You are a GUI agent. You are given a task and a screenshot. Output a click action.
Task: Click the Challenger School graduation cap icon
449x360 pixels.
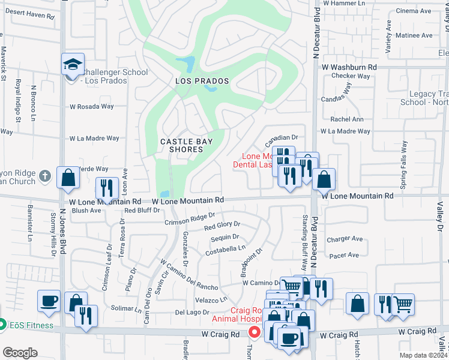point(73,64)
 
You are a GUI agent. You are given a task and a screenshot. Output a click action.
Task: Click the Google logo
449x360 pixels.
point(19,353)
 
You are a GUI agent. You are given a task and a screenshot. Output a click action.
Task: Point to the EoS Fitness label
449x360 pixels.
point(31,326)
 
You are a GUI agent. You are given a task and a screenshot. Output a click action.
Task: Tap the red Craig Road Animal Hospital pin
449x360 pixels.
point(255,331)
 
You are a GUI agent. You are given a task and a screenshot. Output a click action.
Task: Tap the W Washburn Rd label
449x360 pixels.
point(349,68)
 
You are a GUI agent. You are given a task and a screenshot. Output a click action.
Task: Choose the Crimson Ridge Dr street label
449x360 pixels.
point(190,220)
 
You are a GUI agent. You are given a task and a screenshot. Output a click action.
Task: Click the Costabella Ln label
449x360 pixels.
point(226,248)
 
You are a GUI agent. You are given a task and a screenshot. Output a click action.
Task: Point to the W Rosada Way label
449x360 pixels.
point(91,107)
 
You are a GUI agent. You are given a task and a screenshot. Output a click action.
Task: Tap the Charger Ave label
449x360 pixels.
point(345,239)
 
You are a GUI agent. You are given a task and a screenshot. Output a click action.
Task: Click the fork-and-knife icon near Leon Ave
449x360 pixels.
point(106,188)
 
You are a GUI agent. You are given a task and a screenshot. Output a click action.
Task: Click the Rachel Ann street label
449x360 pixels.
point(347,119)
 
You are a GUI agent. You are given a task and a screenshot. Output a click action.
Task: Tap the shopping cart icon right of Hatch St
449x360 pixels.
point(403,304)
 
